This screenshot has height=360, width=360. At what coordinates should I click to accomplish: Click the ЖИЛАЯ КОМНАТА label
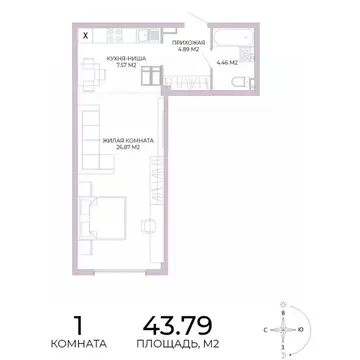point(127,140)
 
